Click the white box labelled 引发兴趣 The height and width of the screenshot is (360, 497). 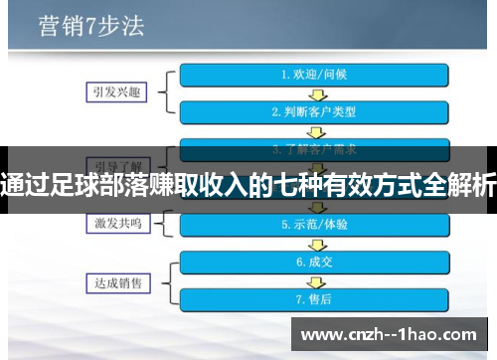(x=116, y=92)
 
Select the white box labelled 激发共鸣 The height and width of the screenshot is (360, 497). (x=116, y=225)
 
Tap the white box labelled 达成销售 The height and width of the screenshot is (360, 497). (x=116, y=281)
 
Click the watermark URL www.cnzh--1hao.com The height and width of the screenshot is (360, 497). (x=394, y=334)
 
